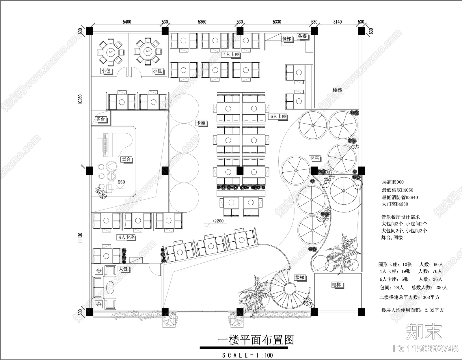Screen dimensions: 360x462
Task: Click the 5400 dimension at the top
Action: [127, 22]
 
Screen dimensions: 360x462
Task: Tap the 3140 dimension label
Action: [337, 22]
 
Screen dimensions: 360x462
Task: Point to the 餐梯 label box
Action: [287, 38]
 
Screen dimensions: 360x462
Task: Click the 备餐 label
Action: [302, 36]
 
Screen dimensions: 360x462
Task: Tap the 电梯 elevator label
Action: [336, 285]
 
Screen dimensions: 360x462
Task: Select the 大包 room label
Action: [123, 268]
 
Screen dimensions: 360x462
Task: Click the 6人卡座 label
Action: [278, 116]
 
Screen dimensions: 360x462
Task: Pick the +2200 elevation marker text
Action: [218, 221]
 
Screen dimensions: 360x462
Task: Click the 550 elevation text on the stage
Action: [122, 182]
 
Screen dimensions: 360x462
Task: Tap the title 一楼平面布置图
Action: [255, 340]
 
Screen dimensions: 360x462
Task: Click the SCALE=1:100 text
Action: [247, 355]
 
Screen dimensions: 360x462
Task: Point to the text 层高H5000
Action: [393, 182]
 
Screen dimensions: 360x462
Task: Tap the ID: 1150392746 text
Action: [426, 348]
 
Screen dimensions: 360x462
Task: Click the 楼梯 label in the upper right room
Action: [337, 90]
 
